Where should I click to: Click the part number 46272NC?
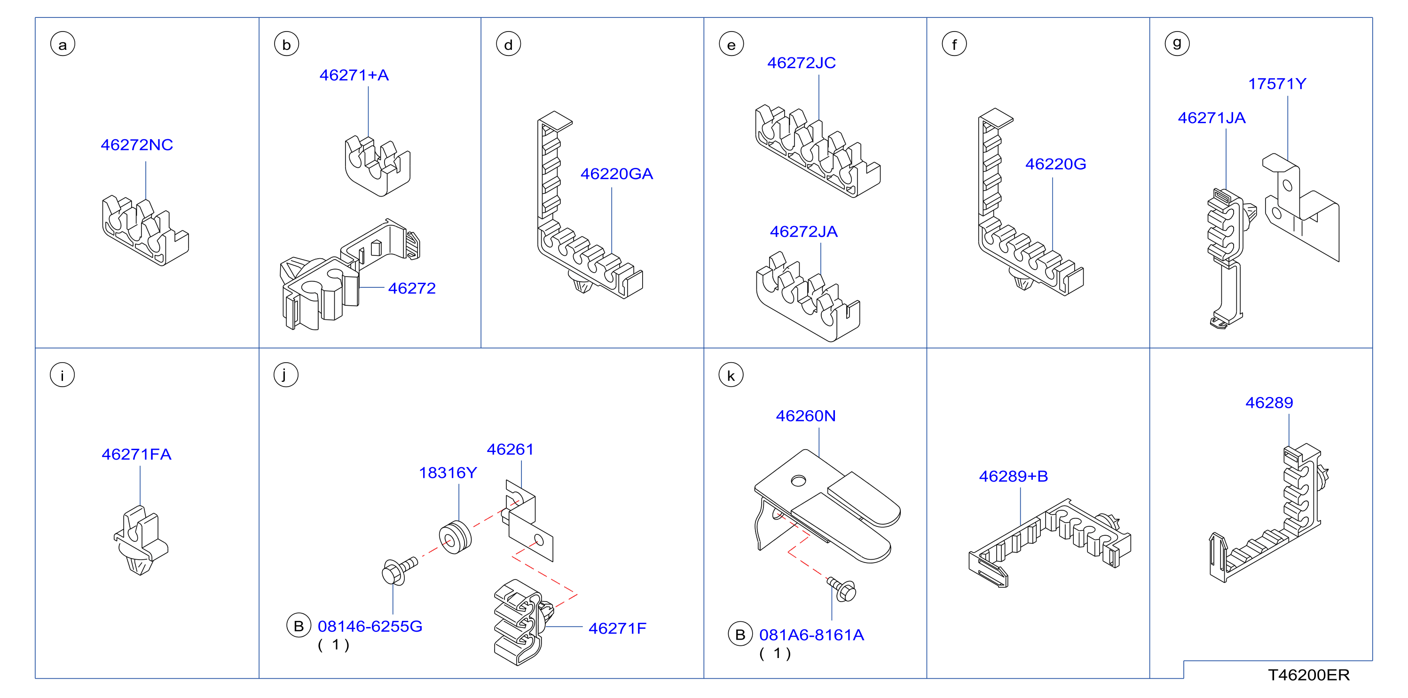click(137, 145)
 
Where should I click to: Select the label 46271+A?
click(354, 75)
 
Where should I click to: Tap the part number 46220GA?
click(616, 174)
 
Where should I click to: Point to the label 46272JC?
click(801, 63)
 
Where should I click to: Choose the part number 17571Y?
click(1277, 84)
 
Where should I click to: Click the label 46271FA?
click(137, 454)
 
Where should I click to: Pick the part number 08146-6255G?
click(370, 627)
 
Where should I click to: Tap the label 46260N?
click(806, 416)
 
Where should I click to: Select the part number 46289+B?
click(1014, 476)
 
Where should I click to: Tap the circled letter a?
click(63, 44)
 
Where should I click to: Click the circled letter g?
click(1177, 43)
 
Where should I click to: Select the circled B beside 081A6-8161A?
click(740, 635)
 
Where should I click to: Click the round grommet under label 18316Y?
click(455, 538)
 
